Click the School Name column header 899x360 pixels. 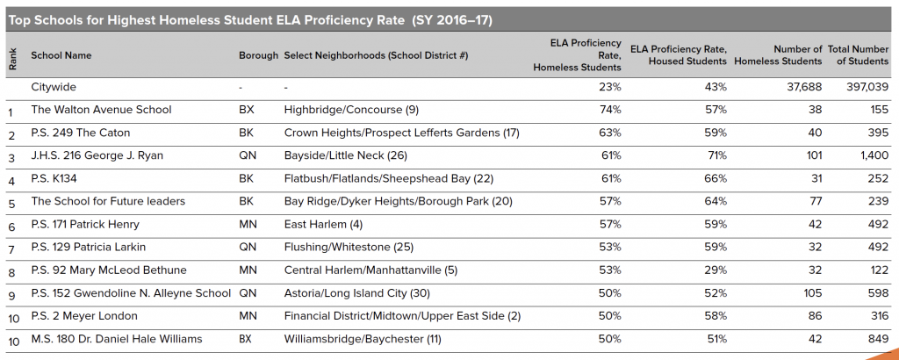61,55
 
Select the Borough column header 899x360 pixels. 257,55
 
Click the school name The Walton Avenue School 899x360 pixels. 101,111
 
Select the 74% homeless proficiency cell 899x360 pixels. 611,111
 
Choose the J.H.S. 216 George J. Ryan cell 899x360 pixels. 97,156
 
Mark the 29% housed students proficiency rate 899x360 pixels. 716,270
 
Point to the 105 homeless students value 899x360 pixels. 812,293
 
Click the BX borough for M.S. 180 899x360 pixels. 247,339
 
